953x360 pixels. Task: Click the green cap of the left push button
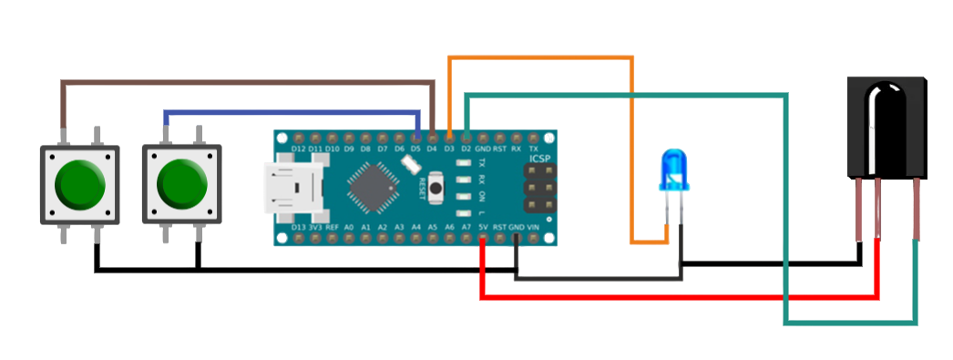tap(80, 182)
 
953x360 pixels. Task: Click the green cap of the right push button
tap(182, 182)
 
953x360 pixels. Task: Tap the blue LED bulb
tap(675, 170)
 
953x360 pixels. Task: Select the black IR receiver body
tap(886, 127)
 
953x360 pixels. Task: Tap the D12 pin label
tap(298, 149)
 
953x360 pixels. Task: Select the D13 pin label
tap(297, 227)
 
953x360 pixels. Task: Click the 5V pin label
tap(483, 227)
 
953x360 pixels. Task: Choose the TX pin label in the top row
tap(534, 149)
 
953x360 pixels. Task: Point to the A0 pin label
tap(348, 227)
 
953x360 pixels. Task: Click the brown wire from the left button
tap(246, 83)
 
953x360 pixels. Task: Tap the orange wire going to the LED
tap(630, 146)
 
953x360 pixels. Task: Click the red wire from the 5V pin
tap(674, 297)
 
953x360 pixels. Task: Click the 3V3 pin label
tap(314, 227)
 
